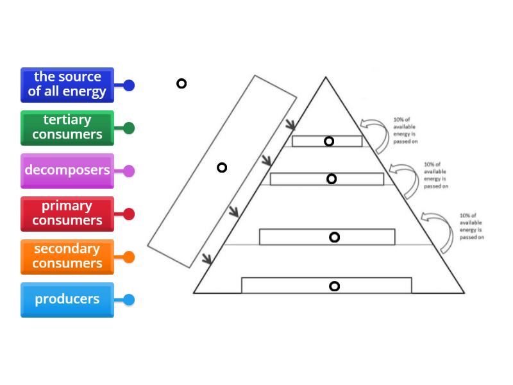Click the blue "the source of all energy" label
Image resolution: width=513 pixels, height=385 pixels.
(x=67, y=85)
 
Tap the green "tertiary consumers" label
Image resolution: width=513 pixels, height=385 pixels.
(x=67, y=128)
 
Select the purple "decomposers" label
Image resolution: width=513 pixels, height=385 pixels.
(x=67, y=171)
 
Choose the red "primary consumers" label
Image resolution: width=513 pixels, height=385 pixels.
(x=67, y=214)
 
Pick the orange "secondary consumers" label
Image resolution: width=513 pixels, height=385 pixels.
(x=67, y=257)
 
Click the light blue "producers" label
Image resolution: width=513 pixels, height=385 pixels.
(x=67, y=300)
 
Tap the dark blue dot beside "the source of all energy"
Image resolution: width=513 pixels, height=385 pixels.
(x=129, y=85)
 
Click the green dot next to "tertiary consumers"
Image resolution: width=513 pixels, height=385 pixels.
(x=129, y=128)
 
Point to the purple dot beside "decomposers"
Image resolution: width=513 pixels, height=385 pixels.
(x=129, y=171)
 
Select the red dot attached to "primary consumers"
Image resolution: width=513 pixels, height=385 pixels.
(x=129, y=214)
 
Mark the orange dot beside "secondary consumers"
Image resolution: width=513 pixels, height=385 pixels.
(x=129, y=257)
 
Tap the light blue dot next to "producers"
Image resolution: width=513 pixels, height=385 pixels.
(x=129, y=300)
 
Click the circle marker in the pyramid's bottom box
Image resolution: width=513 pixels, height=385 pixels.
(x=334, y=286)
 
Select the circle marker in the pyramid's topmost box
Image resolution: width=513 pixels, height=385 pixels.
(x=329, y=141)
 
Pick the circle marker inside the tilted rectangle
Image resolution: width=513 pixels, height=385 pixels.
(x=222, y=167)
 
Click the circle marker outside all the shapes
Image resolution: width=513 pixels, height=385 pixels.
(x=181, y=83)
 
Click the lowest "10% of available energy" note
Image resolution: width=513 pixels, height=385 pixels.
(x=471, y=227)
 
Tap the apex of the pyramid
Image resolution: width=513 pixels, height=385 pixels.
(x=326, y=78)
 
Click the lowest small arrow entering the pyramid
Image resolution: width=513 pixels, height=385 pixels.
(x=206, y=259)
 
